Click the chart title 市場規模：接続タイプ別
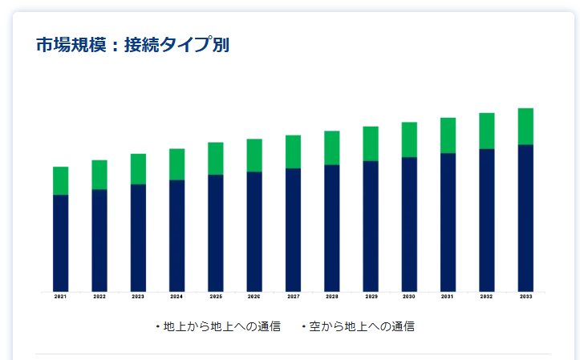pyautogui.click(x=132, y=45)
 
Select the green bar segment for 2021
pyautogui.click(x=60, y=180)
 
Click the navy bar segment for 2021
pyautogui.click(x=60, y=242)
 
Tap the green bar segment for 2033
pyautogui.click(x=525, y=126)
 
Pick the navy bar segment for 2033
pyautogui.click(x=525, y=217)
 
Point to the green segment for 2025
pyautogui.click(x=215, y=158)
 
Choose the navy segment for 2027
pyautogui.click(x=293, y=229)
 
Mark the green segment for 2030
pyautogui.click(x=409, y=140)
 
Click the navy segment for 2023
pyautogui.click(x=138, y=237)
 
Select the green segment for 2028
pyautogui.click(x=331, y=148)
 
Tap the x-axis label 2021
pyautogui.click(x=60, y=297)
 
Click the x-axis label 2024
pyautogui.click(x=176, y=297)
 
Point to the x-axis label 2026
pyautogui.click(x=254, y=297)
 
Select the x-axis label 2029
pyautogui.click(x=371, y=297)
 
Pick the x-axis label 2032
pyautogui.click(x=487, y=297)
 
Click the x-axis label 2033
pyautogui.click(x=525, y=297)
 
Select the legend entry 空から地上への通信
pyautogui.click(x=361, y=326)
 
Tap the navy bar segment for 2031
pyautogui.click(x=448, y=222)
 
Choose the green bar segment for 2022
pyautogui.click(x=99, y=174)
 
